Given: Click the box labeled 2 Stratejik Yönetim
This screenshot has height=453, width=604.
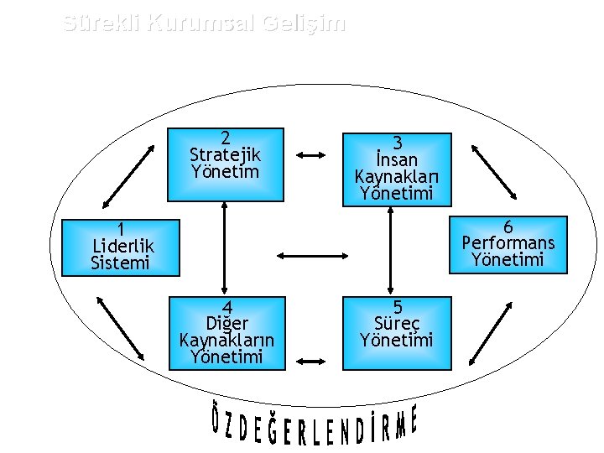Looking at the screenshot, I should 225,164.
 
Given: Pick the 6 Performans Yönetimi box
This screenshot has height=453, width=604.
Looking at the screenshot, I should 508,244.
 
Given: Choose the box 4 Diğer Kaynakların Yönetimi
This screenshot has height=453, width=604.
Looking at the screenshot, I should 226,332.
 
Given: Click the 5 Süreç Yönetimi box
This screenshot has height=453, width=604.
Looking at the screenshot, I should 396,332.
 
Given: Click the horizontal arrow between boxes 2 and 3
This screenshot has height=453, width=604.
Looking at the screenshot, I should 312,154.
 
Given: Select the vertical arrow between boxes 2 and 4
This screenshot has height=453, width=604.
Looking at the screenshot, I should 225,248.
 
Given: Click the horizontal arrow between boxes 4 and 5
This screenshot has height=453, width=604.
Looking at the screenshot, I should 311,362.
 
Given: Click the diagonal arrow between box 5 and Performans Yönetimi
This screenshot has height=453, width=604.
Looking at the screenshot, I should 491,333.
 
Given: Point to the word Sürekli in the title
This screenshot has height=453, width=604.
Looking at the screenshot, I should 102,23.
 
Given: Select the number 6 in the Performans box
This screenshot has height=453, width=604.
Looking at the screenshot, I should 508,226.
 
